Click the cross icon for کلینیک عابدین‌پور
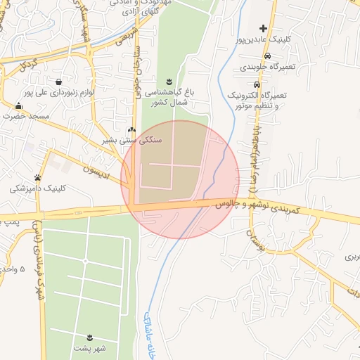click(264, 29)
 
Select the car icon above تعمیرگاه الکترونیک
click(267, 56)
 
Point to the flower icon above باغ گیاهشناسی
click(169, 82)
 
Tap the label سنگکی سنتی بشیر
click(133, 140)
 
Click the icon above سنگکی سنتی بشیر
click(132, 129)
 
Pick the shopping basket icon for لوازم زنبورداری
click(58, 81)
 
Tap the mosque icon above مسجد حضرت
click(18, 105)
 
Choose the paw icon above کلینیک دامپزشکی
click(37, 177)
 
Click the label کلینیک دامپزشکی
click(39, 188)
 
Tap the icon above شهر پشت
click(89, 337)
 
